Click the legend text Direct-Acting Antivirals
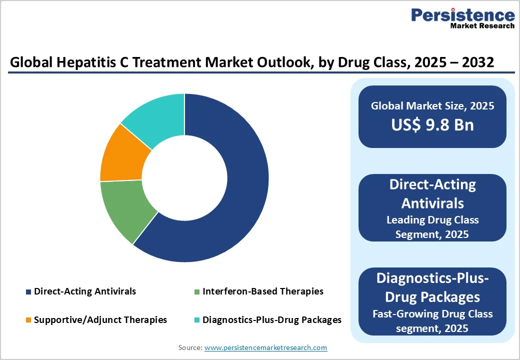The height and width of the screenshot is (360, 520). (x=85, y=291)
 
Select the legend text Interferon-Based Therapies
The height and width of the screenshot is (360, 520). (x=263, y=291)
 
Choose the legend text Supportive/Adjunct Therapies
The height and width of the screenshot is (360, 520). (x=100, y=319)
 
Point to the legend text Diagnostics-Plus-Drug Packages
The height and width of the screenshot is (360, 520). (x=272, y=319)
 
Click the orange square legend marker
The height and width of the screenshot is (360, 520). (x=28, y=320)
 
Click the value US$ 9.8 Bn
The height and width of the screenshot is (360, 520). (x=432, y=124)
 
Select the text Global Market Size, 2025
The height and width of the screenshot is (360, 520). (x=432, y=105)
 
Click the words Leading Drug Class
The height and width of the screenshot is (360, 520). (x=432, y=219)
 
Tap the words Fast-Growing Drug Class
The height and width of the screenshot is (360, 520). (x=432, y=314)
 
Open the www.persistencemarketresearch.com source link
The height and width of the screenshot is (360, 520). (x=266, y=347)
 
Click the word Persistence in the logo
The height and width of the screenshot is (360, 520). (x=462, y=15)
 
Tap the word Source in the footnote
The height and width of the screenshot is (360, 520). (x=189, y=347)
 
